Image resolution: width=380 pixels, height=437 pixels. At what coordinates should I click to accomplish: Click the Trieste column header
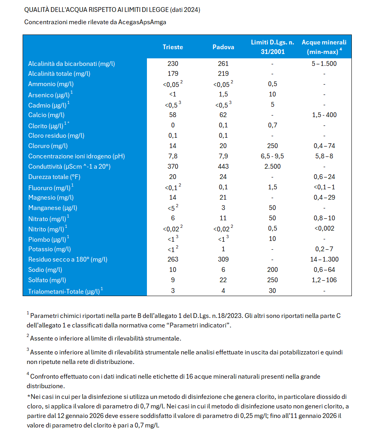pos(173,47)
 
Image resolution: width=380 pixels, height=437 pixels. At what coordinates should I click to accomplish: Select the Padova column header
pos(223,47)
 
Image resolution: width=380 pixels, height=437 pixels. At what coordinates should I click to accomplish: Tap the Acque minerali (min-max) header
pos(324,47)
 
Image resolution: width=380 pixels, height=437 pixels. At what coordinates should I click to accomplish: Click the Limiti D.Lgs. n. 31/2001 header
pos(272,47)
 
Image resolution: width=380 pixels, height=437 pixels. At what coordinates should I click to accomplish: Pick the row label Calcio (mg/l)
pos(46,115)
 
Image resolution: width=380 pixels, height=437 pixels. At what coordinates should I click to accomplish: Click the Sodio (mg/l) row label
pos(45,270)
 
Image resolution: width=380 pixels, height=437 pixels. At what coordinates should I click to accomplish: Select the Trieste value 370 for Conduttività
pos(173,167)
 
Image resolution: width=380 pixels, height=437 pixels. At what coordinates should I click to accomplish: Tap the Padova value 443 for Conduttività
pos(223,167)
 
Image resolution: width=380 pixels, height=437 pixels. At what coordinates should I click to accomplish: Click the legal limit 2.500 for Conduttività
pos(272,167)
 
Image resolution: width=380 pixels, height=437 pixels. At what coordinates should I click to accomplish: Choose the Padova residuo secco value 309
pos(223,260)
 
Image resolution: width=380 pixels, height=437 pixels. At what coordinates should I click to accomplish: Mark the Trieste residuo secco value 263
pos(173,260)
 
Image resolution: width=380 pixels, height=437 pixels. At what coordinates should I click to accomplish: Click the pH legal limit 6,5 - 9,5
pos(272,156)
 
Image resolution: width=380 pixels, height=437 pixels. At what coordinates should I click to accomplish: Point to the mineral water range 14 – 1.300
pos(324,260)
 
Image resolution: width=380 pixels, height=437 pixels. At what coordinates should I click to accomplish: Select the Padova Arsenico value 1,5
pos(223,94)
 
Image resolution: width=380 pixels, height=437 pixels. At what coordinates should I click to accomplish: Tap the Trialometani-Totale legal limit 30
pos(272,291)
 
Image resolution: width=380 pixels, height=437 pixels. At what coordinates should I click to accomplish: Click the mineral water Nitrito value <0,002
pos(324,229)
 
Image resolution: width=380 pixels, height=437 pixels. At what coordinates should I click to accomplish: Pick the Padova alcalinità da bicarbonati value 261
pos(223,64)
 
